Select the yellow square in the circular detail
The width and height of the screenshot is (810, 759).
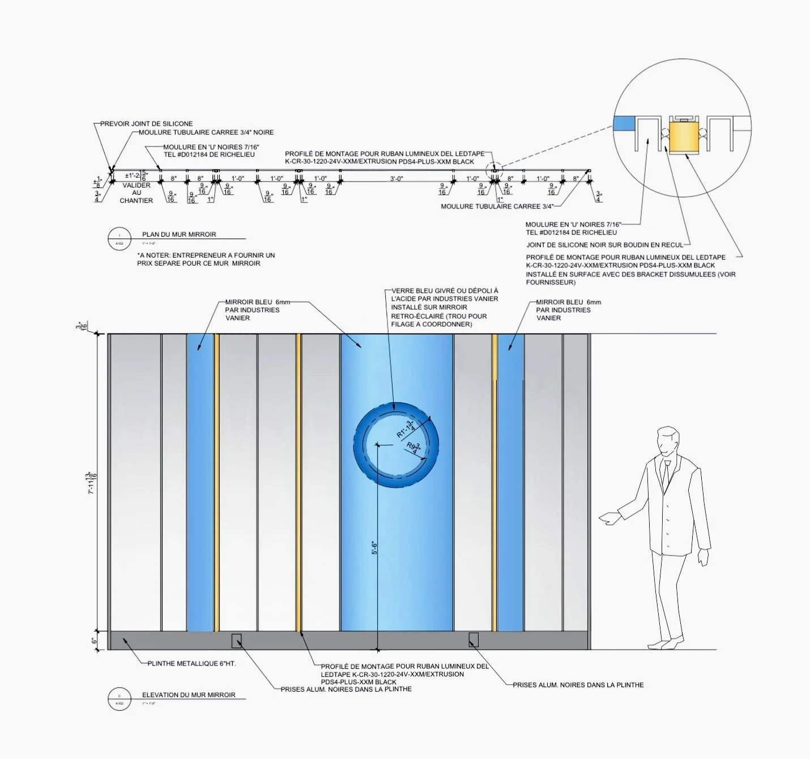pyautogui.click(x=684, y=137)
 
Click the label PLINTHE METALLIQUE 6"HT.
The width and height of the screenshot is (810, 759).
pyautogui.click(x=191, y=663)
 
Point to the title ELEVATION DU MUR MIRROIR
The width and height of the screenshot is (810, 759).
pyautogui.click(x=189, y=695)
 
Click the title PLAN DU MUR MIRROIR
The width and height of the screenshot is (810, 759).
pyautogui.click(x=179, y=234)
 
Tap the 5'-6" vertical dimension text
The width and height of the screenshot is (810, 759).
pyautogui.click(x=374, y=548)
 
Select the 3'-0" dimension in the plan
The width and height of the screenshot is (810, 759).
pyautogui.click(x=397, y=179)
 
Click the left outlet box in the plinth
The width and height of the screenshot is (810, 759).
pyautogui.click(x=236, y=641)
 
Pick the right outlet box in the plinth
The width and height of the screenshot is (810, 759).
pyautogui.click(x=474, y=640)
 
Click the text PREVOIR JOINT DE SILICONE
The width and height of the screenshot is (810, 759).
pyautogui.click(x=147, y=123)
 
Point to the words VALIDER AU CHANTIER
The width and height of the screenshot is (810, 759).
pyautogui.click(x=137, y=193)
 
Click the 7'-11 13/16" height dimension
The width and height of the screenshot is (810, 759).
pyautogui.click(x=91, y=483)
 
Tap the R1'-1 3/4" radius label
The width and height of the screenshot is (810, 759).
pyautogui.click(x=405, y=430)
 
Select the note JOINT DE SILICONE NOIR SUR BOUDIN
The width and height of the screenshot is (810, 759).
pyautogui.click(x=605, y=245)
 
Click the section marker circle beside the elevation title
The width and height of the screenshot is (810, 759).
pyautogui.click(x=119, y=699)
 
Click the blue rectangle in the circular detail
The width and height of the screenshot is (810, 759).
pyautogui.click(x=624, y=123)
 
